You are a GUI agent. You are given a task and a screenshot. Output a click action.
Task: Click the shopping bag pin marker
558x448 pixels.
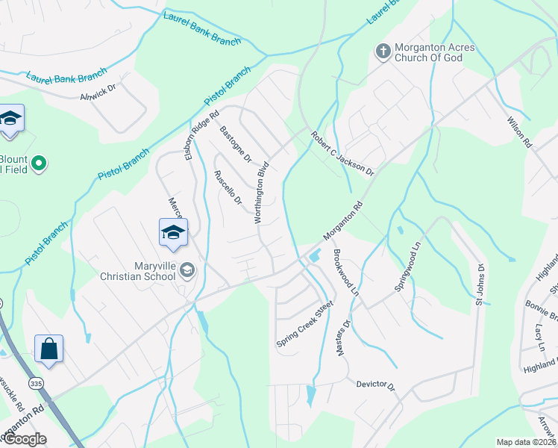pos(48,349)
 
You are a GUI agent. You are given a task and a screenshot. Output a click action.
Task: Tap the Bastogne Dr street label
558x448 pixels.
pos(236,145)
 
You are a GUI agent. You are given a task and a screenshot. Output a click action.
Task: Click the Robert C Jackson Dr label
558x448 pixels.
pos(342,154)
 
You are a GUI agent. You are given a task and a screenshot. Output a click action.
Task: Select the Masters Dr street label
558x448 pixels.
pos(343,339)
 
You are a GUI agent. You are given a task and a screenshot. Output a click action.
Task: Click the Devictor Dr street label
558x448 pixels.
pos(374,384)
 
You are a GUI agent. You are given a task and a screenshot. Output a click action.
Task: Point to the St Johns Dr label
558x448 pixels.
pos(480,284)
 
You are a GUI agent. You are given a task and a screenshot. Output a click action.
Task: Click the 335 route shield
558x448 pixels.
pos(36,383)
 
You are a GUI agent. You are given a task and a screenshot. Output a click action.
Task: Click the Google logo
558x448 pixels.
pos(25,439)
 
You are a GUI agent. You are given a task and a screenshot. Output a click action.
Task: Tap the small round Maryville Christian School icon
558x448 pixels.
pos(186,270)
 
